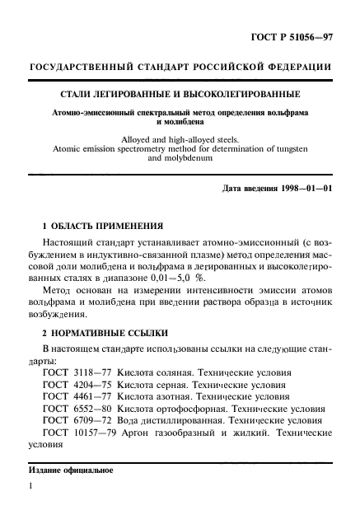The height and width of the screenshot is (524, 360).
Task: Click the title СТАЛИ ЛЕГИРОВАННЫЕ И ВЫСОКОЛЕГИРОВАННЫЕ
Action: click(180, 95)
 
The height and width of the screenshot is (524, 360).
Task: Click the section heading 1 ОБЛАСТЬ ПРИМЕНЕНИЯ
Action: click(102, 225)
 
